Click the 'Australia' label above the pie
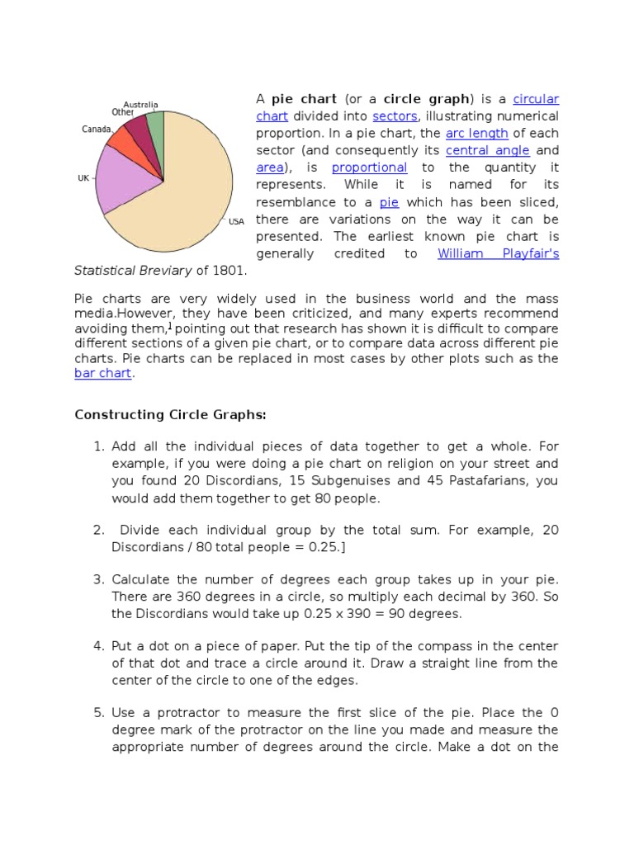point(140,105)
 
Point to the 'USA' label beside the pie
point(237,221)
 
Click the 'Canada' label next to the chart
point(97,129)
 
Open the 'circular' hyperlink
point(536,99)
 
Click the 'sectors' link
point(395,116)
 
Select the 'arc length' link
point(476,133)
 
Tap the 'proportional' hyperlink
point(369,168)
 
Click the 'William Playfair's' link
point(498,253)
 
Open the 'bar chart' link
point(102,374)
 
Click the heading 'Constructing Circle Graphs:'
point(171,414)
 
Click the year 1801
point(229,271)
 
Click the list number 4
point(98,646)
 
